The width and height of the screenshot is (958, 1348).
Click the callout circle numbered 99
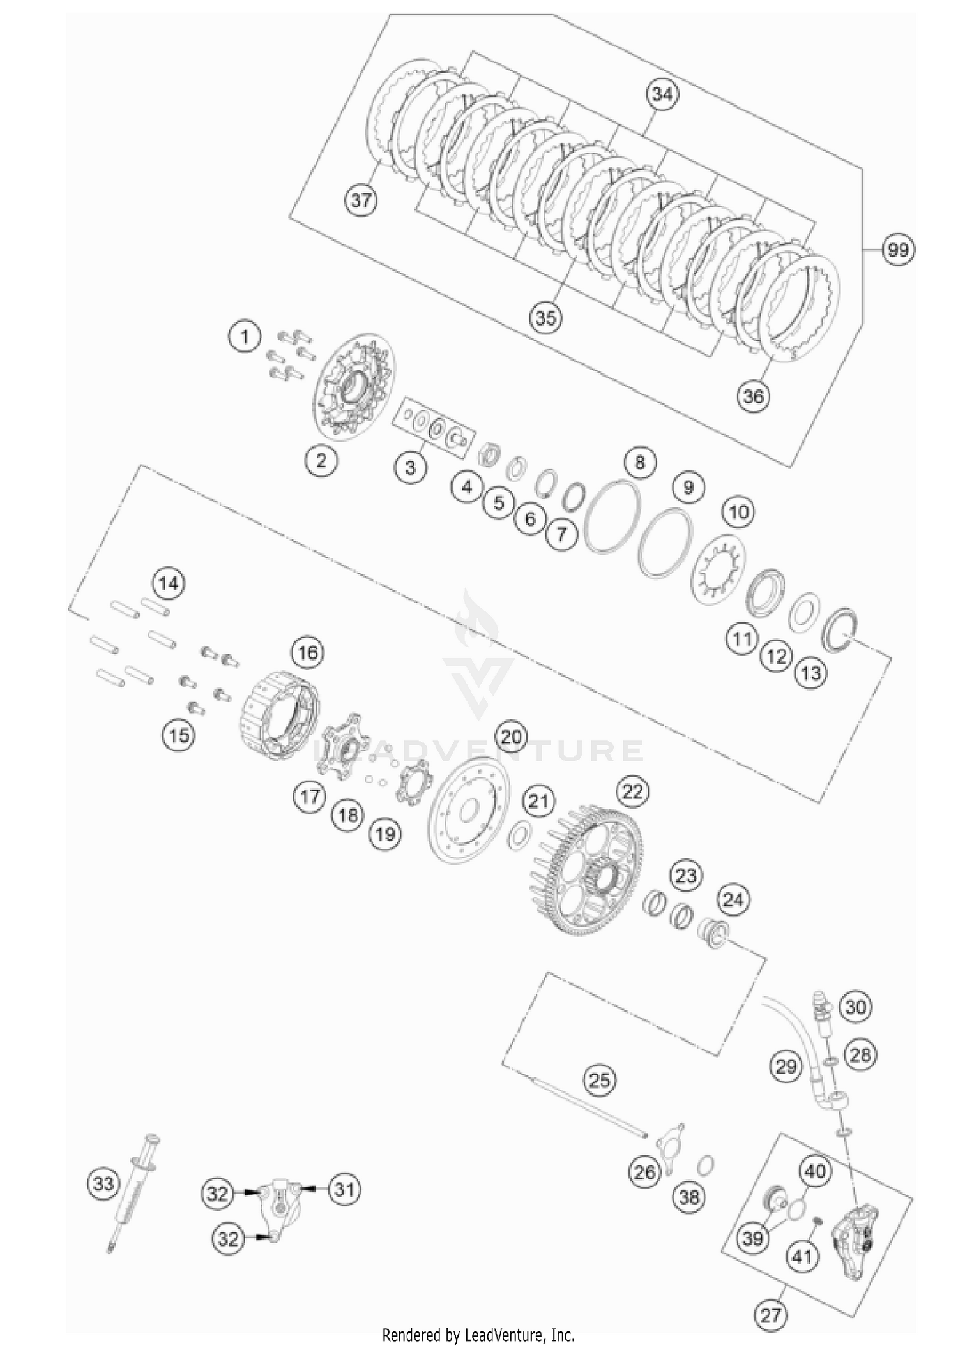898,250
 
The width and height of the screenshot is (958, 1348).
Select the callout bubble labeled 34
662,94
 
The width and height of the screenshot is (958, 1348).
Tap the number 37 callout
361,200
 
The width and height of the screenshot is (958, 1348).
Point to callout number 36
754,396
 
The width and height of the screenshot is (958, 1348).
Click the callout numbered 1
245,336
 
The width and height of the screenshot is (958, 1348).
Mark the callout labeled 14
169,583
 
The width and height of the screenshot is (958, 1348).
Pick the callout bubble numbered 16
307,652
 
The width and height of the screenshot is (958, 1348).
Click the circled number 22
632,792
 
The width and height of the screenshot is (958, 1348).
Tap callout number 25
599,1081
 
